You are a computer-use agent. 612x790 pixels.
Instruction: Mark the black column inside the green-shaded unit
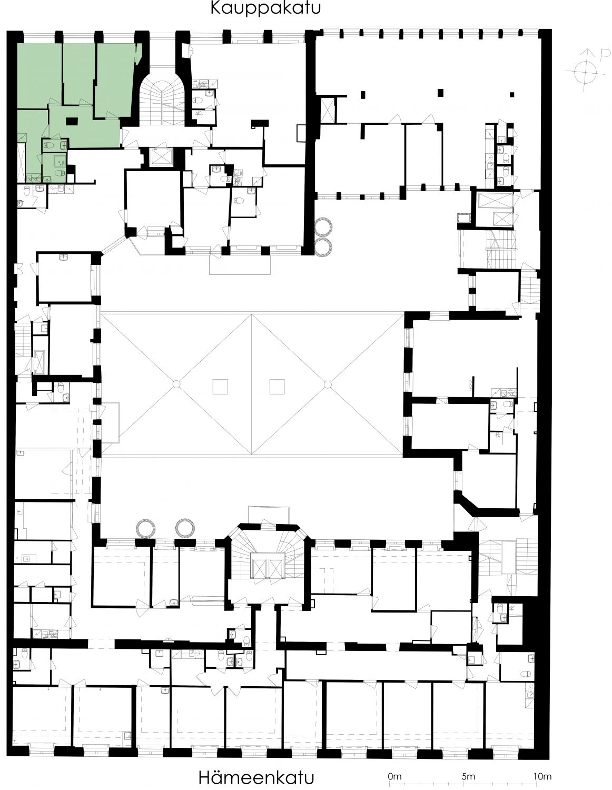tap(72, 121)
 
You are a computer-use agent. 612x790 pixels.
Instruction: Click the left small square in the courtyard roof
tap(220, 387)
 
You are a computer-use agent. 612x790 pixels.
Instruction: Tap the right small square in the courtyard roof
tap(277, 387)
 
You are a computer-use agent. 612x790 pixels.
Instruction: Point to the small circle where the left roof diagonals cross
tap(176, 384)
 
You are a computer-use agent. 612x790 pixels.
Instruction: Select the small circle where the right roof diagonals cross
tap(328, 384)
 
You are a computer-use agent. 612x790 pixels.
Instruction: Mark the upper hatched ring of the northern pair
tap(323, 227)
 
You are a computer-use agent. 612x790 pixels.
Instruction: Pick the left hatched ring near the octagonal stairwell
tap(146, 528)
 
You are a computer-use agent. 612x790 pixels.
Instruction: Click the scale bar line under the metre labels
tap(468, 772)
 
